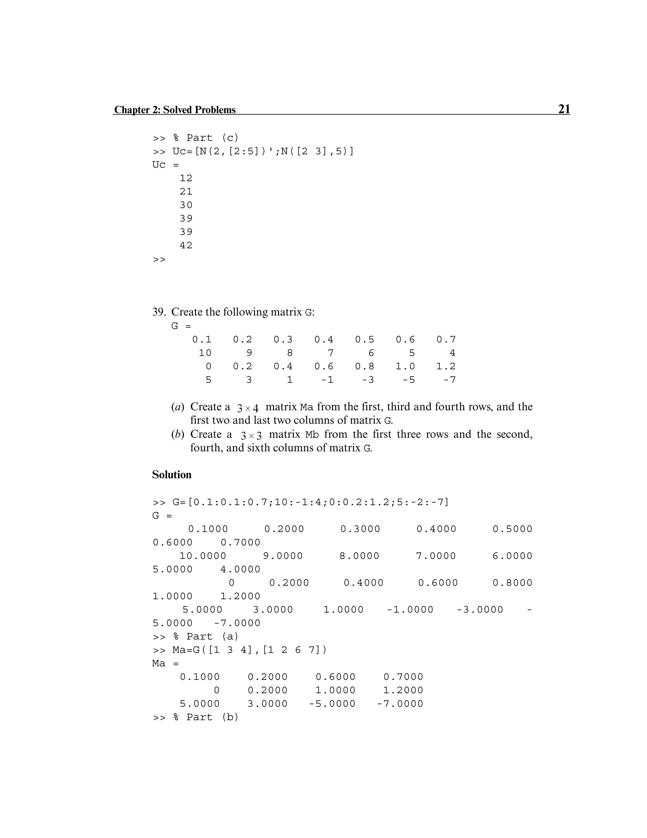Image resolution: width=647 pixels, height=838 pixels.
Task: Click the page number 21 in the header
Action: [x=564, y=109]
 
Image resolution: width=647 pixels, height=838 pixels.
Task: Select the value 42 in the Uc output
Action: [x=186, y=245]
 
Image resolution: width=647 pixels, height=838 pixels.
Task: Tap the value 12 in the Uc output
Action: [x=186, y=178]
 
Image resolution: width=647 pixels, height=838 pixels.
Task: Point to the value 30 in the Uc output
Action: [x=186, y=205]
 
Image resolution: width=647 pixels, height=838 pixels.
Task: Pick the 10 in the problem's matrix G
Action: [x=205, y=353]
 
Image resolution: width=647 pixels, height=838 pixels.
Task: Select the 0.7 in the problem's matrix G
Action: [x=446, y=340]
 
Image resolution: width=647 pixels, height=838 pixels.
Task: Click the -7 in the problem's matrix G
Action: [x=450, y=380]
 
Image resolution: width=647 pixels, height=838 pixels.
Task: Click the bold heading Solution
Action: [x=172, y=475]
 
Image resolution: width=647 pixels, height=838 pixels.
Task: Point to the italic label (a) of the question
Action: [x=178, y=407]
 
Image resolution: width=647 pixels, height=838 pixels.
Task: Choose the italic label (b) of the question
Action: [x=178, y=434]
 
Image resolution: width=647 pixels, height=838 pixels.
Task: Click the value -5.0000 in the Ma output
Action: [x=332, y=704]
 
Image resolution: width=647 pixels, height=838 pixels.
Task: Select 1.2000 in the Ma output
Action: [x=403, y=690]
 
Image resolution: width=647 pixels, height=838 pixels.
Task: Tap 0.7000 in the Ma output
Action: [x=403, y=677]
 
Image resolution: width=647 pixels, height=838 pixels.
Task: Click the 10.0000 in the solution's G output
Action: [x=203, y=556]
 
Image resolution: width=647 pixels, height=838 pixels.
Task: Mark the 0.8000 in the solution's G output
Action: [x=512, y=583]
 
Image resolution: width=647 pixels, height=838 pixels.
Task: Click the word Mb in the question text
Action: [x=312, y=435]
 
